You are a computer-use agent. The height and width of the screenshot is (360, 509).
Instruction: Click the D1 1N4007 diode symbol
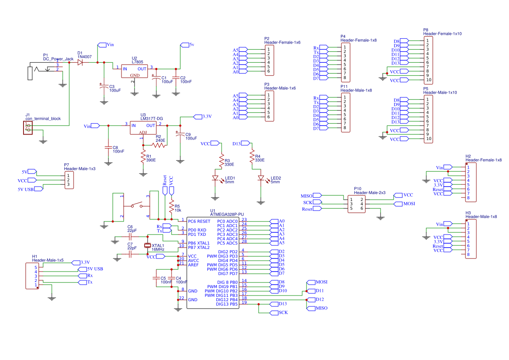[81, 62]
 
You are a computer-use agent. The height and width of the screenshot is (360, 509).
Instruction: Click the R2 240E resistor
[159, 145]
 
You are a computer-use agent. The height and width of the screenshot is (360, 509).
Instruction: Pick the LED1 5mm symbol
[215, 178]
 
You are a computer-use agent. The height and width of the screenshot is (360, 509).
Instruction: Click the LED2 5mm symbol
[261, 178]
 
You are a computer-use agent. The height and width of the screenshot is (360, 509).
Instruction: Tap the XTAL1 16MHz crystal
[148, 245]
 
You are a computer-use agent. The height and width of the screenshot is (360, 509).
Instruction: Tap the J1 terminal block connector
[28, 127]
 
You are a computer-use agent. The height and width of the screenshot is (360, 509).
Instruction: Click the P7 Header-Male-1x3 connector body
[69, 180]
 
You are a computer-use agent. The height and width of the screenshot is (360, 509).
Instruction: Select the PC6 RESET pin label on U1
[199, 221]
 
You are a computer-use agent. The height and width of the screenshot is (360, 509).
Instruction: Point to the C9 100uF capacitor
[179, 135]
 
